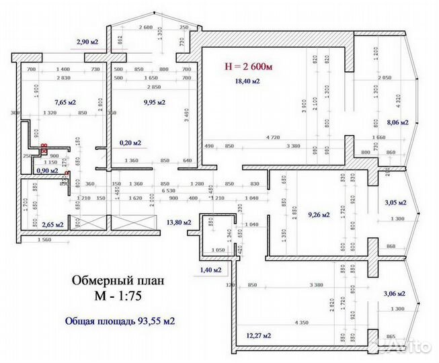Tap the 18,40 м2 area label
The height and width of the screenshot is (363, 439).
247,81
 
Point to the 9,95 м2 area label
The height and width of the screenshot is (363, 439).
155,102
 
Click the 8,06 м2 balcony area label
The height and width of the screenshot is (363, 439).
399,122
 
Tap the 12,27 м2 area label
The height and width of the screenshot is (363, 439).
259,335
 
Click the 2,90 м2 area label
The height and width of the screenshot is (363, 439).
88,42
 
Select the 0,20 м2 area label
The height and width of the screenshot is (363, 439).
130,143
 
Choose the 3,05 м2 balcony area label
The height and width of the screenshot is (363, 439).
395,202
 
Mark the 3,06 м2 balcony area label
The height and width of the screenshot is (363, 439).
395,294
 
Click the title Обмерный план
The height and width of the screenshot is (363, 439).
116,280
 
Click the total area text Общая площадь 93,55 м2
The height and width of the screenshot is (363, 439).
120,321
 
